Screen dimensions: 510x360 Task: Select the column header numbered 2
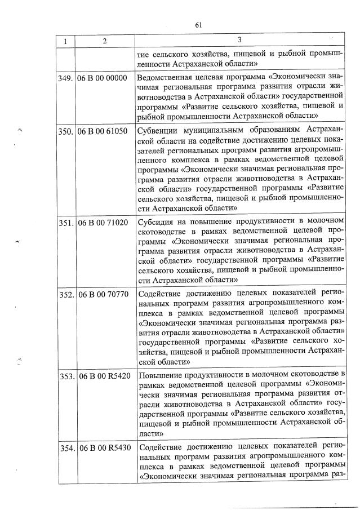pyautogui.click(x=105, y=41)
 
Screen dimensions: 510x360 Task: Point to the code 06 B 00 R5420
pyautogui.click(x=104, y=376)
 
